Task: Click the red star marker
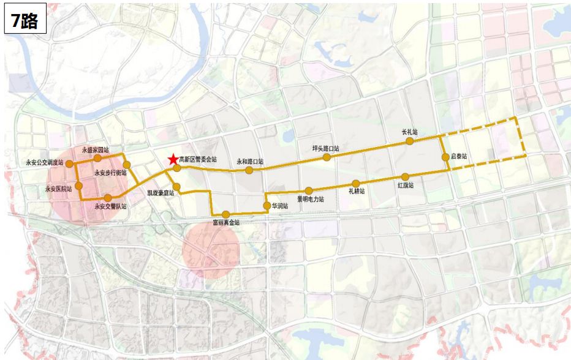173,160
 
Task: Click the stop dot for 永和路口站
249,170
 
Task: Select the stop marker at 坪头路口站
327,157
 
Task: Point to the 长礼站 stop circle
409,141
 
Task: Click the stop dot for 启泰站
445,157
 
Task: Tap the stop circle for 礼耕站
356,184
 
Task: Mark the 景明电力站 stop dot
310,190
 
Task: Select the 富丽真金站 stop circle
225,214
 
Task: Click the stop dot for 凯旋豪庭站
176,186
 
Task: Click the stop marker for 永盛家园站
97,158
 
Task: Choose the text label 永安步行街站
110,173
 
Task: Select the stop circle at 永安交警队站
108,198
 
